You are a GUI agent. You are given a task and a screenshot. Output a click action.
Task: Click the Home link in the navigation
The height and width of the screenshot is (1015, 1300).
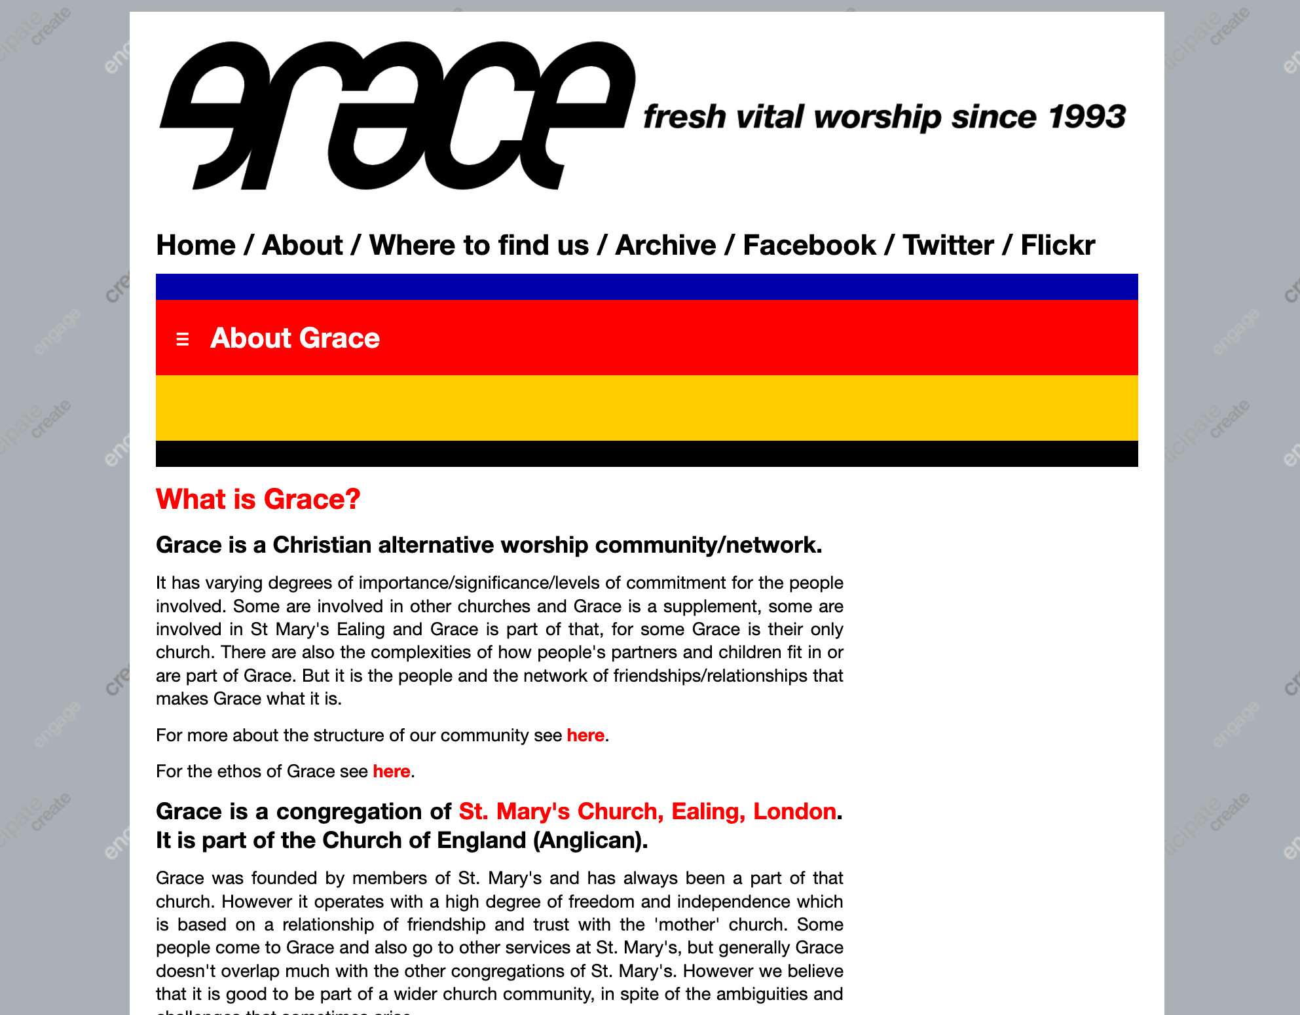click(195, 246)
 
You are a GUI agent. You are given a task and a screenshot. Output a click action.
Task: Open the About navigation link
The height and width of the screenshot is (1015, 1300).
click(302, 246)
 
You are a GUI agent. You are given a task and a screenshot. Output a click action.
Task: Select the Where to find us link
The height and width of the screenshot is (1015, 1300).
click(479, 246)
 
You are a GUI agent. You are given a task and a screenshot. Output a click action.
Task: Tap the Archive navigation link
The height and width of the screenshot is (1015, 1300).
click(665, 246)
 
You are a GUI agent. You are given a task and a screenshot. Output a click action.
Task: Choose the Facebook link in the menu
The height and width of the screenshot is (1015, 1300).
click(809, 246)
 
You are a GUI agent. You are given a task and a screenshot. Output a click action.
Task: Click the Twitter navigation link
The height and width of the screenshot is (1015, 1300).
click(948, 246)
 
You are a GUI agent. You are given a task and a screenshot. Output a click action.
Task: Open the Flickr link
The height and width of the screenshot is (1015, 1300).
click(1057, 246)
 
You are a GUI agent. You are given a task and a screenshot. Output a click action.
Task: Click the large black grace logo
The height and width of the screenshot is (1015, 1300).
click(396, 116)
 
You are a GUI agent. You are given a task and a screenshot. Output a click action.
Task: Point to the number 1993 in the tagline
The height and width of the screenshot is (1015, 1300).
click(1086, 117)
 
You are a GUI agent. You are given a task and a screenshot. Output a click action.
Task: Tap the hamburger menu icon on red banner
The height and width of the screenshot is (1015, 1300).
click(183, 339)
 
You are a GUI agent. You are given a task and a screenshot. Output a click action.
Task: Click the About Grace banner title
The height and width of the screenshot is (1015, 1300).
click(295, 338)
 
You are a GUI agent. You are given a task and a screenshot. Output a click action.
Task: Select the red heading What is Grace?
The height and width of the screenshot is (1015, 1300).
click(258, 499)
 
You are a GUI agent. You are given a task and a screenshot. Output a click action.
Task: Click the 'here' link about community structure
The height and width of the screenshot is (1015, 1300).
click(585, 735)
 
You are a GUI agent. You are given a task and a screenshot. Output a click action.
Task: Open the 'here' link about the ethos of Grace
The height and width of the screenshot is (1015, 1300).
click(392, 771)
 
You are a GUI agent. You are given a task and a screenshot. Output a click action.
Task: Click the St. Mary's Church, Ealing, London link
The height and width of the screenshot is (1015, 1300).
click(647, 811)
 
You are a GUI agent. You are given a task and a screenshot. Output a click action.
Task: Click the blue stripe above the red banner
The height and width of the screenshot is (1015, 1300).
click(646, 287)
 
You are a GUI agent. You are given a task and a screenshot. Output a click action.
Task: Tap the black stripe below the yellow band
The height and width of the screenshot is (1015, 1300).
click(646, 454)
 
